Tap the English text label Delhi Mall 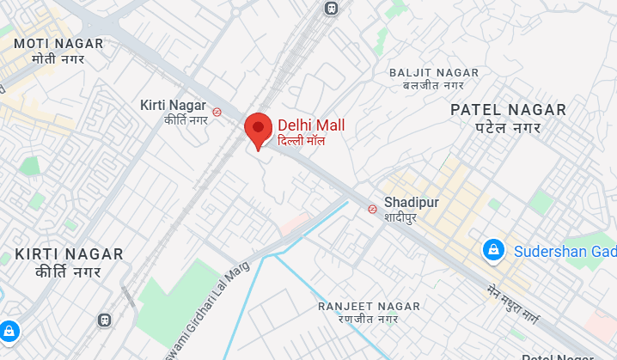click(311, 125)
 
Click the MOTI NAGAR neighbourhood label click(58, 43)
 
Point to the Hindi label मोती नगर click(58, 59)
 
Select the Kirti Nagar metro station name click(173, 105)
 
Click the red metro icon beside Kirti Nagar click(218, 110)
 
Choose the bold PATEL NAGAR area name click(509, 110)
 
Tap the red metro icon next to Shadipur click(372, 208)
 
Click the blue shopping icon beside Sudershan click(493, 250)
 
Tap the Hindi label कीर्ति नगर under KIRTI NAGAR click(69, 272)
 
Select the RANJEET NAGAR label click(369, 306)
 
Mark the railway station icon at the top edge click(330, 7)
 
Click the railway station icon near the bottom click(105, 320)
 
